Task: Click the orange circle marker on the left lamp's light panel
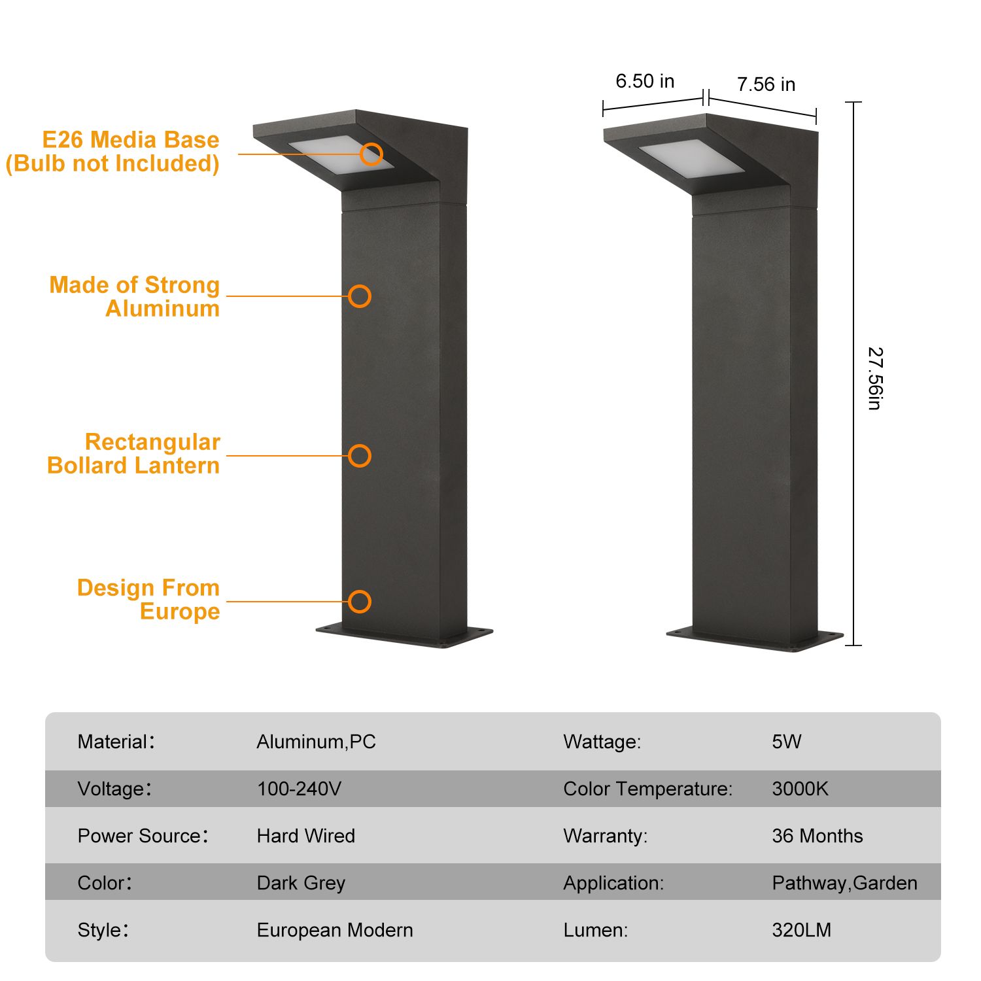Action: click(371, 154)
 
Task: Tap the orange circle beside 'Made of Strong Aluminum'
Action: click(360, 296)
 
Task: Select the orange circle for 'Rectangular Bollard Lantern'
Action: click(360, 456)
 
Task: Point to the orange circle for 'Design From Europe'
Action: click(360, 602)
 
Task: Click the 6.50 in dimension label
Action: click(645, 81)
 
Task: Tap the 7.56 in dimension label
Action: click(766, 84)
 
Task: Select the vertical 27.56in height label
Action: click(875, 379)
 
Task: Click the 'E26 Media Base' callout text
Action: click(131, 140)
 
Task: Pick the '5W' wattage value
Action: click(787, 742)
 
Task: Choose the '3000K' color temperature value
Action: click(800, 789)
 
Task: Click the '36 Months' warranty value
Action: click(817, 836)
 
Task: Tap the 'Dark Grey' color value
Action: click(301, 883)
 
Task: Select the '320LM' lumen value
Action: click(802, 930)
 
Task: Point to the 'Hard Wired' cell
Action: click(306, 836)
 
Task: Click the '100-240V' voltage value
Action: click(299, 789)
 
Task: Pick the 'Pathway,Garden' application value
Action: click(845, 883)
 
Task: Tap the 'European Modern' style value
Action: click(335, 930)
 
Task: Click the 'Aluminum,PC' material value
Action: click(317, 742)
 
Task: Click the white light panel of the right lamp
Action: click(691, 157)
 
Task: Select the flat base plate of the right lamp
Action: click(755, 638)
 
